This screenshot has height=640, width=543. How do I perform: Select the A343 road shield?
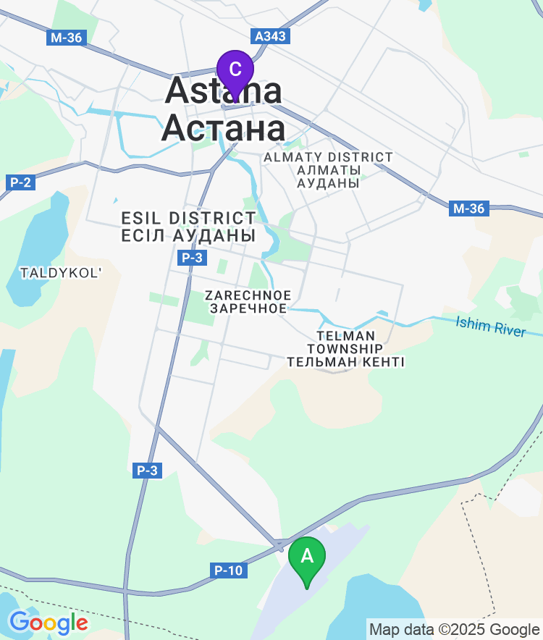pos(271,35)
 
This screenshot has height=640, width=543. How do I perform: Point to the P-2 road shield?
pos(20,182)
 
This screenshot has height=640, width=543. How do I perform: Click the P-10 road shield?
pos(228,570)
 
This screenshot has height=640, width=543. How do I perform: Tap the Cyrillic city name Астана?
pos(223,129)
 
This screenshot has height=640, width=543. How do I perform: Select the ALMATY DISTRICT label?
pos(328,157)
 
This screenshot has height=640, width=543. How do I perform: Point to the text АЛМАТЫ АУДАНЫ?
pos(328,177)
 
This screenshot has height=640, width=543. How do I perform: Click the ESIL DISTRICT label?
pos(188,218)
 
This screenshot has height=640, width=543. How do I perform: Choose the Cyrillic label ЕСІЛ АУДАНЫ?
pos(188,236)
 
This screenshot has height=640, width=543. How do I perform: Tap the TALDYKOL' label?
pos(62,273)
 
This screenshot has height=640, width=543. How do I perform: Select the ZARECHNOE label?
pos(248,295)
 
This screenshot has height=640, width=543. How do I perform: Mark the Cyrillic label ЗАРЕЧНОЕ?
pos(248,308)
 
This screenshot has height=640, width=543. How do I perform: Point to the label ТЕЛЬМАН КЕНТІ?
pos(345,362)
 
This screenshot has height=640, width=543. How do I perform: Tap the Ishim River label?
pos(490,327)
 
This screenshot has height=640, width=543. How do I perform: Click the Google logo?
pos(48,622)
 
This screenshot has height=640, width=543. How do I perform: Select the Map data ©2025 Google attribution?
pos(454,629)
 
